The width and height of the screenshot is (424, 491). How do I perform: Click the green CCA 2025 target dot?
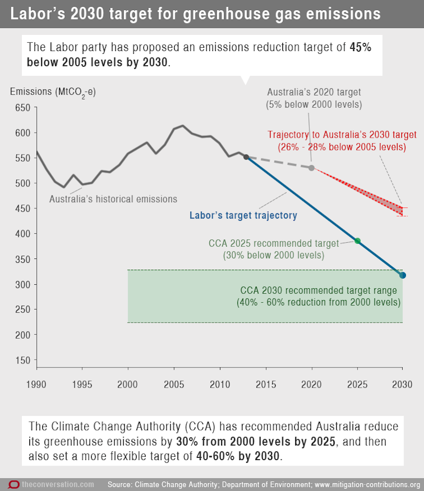click(x=357, y=241)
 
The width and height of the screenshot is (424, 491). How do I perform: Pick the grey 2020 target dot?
click(x=312, y=167)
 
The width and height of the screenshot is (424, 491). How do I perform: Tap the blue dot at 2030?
click(x=403, y=275)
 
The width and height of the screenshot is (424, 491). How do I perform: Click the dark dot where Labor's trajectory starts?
click(x=246, y=157)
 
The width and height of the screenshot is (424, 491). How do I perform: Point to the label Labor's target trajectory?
click(x=243, y=215)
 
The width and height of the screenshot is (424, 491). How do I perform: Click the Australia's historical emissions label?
click(x=113, y=199)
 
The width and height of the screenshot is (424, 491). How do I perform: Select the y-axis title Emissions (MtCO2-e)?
click(x=57, y=92)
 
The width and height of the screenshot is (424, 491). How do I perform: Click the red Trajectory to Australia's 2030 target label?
click(x=342, y=140)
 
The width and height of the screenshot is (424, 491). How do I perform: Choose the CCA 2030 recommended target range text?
click(x=318, y=296)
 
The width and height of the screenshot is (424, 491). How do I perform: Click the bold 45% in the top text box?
click(x=360, y=47)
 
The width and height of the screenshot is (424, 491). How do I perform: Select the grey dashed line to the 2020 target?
click(x=279, y=162)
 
